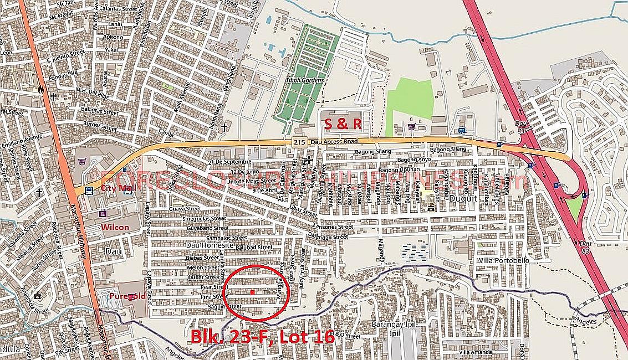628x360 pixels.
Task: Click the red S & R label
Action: [x=343, y=124]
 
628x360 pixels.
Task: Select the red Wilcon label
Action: [x=115, y=227]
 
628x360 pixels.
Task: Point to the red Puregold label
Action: [x=127, y=296]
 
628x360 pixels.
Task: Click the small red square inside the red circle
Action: [x=252, y=291]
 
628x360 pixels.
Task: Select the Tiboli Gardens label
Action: [x=305, y=80]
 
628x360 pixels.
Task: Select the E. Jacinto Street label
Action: [x=65, y=58]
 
